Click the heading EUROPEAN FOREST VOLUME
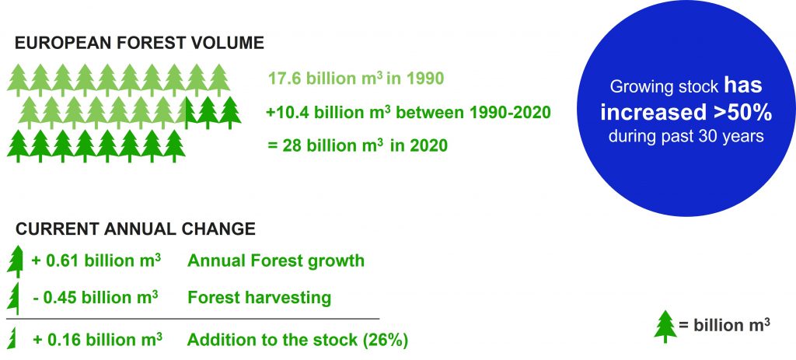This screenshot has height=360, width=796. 139,44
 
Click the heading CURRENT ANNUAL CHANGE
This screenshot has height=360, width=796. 135,229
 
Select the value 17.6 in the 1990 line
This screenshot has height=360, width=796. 285,79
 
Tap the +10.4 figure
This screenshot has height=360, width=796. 288,112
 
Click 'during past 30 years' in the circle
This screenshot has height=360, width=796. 686,137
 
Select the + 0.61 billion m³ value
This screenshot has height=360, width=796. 96,260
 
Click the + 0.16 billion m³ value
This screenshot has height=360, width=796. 97,339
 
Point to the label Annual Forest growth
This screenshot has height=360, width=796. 276,260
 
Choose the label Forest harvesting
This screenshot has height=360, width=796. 260,297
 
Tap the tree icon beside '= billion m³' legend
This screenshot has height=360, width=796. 665,327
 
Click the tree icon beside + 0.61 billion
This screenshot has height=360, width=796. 16,261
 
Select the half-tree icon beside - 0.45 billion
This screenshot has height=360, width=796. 14,298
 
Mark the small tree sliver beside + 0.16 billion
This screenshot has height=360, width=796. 11,339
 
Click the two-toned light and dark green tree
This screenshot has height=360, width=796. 186,113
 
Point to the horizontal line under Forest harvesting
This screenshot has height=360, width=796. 193,319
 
